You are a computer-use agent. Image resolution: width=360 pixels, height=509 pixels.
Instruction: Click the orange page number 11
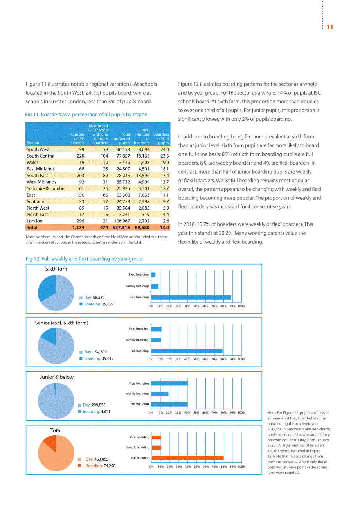(x=330, y=27)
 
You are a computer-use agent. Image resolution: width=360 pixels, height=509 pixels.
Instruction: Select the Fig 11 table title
(x=86, y=114)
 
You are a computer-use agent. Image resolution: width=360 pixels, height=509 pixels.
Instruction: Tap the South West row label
(x=38, y=149)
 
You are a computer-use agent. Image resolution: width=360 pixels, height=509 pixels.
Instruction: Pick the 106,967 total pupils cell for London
(x=122, y=221)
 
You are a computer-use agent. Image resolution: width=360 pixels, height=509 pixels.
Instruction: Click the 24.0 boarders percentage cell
(x=165, y=149)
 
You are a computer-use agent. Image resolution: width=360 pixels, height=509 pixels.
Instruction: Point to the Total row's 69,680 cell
(x=142, y=228)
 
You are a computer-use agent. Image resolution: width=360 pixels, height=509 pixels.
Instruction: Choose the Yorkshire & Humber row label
(x=46, y=188)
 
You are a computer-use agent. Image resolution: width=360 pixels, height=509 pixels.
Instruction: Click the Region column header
(x=33, y=143)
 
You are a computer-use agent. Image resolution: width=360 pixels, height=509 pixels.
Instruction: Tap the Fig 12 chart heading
(x=84, y=259)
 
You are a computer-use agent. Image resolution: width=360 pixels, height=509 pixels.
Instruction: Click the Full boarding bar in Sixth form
(x=191, y=298)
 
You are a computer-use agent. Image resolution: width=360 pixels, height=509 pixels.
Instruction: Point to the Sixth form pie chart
(x=56, y=293)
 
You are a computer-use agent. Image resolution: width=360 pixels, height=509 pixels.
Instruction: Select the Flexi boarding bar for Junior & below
(x=169, y=384)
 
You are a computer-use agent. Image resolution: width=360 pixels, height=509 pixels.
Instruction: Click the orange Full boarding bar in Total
(x=188, y=458)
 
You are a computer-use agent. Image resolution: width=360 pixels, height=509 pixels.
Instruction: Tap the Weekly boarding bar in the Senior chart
(x=156, y=340)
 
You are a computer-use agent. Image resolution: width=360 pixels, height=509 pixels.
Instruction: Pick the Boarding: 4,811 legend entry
(x=94, y=412)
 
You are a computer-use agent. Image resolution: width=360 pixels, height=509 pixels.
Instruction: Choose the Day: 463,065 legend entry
(x=93, y=459)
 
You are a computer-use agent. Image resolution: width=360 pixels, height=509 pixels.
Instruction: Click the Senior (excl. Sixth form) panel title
(x=61, y=323)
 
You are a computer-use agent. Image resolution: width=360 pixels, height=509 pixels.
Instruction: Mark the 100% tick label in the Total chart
(x=241, y=466)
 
